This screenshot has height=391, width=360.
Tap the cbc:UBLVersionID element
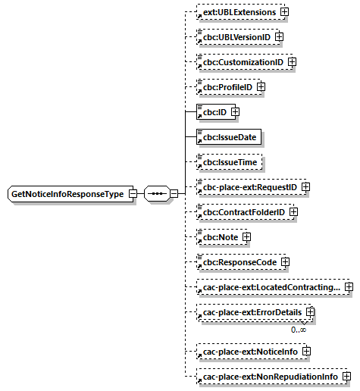(234, 36)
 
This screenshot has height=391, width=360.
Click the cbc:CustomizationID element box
(240, 61)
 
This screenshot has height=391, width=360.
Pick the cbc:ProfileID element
(225, 87)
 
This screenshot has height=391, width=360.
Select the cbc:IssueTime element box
(228, 161)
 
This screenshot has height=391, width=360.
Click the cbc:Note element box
(218, 237)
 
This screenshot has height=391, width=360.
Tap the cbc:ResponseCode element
(236, 262)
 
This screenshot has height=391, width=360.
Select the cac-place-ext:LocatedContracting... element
(268, 287)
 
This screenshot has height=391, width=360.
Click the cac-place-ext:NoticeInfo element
(248, 352)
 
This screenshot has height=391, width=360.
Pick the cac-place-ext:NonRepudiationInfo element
(268, 376)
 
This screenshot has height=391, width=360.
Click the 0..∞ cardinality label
(298, 330)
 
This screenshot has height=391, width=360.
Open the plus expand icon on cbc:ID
(235, 112)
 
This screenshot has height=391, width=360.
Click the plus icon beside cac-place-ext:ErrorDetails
(310, 312)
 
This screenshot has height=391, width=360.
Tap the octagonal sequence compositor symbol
(156, 194)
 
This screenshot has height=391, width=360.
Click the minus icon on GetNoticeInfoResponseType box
(133, 194)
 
